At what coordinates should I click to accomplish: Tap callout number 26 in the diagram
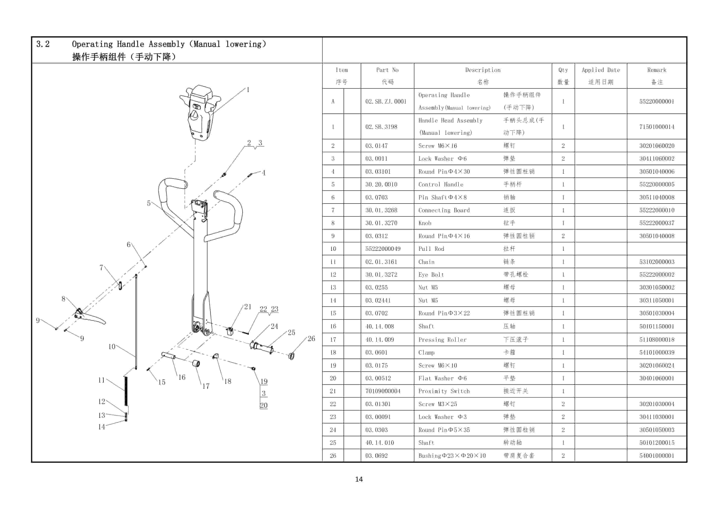(311, 338)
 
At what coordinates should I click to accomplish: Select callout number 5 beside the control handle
(148, 203)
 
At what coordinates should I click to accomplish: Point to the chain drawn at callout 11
(126, 391)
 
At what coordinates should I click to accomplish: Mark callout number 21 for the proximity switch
(248, 306)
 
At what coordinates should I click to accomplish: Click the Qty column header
(563, 76)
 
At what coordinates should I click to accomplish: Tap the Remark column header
(657, 76)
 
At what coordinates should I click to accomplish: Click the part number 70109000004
(383, 391)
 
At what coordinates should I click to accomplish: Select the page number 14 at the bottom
(359, 479)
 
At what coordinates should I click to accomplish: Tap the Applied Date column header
(601, 76)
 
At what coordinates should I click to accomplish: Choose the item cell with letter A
(333, 101)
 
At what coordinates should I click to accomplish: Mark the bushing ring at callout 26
(292, 356)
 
